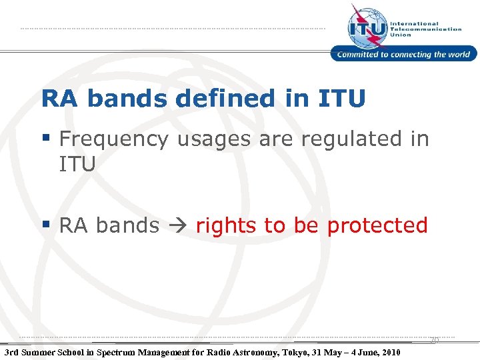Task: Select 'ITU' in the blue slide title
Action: click(341, 99)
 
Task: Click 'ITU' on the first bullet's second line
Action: click(77, 163)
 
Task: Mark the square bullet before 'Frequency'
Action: click(47, 138)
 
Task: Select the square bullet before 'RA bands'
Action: click(47, 225)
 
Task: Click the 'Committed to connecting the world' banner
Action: click(404, 55)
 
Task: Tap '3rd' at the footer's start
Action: click(11, 352)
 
